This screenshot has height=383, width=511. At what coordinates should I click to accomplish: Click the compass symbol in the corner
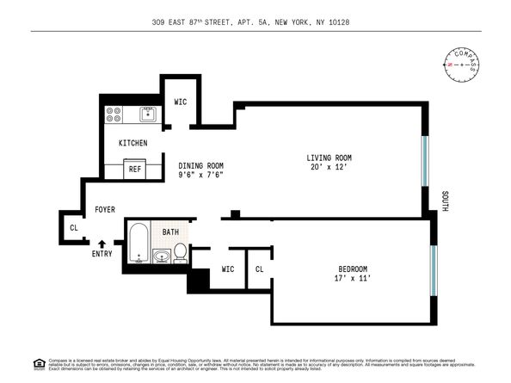click(x=462, y=65)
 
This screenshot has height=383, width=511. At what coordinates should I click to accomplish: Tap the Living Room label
click(x=329, y=158)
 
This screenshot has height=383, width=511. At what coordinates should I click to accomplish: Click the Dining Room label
click(x=200, y=165)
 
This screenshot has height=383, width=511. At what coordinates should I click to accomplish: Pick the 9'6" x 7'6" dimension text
click(x=200, y=176)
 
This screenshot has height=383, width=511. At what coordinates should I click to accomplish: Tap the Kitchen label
click(x=132, y=143)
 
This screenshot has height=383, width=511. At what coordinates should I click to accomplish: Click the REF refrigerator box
click(x=135, y=170)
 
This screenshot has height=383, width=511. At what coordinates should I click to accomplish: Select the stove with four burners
click(x=114, y=114)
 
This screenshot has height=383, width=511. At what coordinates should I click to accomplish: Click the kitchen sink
click(x=148, y=113)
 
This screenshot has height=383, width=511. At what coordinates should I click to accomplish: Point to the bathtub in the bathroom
click(x=139, y=242)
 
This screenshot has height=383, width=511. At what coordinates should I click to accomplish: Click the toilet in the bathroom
click(x=181, y=251)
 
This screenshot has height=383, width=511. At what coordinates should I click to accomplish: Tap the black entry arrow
click(x=102, y=244)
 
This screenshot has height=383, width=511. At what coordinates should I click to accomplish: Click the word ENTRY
click(x=102, y=255)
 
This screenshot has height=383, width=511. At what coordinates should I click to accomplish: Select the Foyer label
click(x=105, y=208)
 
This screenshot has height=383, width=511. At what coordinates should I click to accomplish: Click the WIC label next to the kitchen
click(x=181, y=102)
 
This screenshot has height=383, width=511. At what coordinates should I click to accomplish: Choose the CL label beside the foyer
click(x=73, y=228)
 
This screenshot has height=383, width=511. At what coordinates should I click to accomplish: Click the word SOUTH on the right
click(x=445, y=202)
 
